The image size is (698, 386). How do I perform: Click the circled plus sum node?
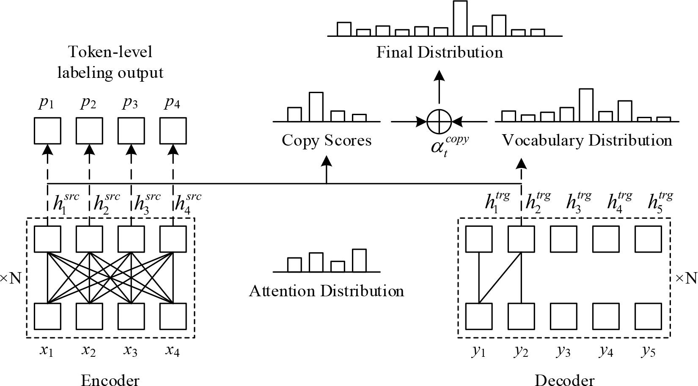440,121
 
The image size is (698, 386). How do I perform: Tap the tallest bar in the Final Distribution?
460,19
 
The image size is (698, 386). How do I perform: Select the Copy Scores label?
327,140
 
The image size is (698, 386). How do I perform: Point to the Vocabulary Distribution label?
587,140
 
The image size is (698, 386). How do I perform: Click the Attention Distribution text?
326,291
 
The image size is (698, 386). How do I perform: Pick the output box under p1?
47,131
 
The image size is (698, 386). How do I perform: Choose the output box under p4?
173,131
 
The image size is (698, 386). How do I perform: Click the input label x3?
130,350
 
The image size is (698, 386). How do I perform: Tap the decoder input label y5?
648,351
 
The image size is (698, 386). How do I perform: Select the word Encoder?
110,380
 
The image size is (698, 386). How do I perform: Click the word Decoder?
564,380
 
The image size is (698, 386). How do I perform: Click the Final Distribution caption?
440,52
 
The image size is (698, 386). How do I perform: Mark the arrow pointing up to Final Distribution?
440,87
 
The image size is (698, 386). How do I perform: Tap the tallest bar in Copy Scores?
316,107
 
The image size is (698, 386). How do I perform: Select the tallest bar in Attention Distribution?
359,260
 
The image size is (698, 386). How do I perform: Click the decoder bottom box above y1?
479,316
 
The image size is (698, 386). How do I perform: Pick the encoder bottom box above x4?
173,316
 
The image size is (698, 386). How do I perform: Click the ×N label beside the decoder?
685,278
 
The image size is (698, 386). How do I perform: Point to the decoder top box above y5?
648,239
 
